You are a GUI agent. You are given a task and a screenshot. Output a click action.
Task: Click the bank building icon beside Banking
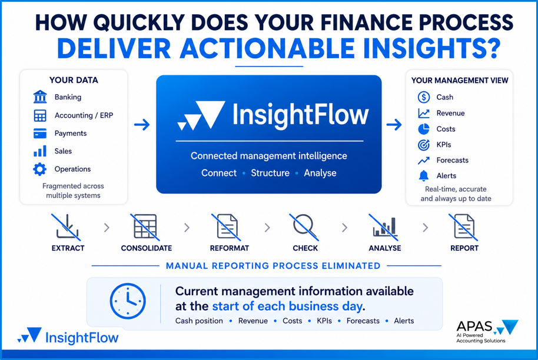[x=40, y=96]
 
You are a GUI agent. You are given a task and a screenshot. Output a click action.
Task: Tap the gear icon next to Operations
[x=40, y=169]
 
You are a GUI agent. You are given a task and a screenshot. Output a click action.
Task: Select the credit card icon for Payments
[x=40, y=133]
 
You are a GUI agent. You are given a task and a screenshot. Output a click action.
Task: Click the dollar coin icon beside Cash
[x=424, y=97]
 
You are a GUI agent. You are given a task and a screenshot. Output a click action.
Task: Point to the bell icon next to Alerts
[x=424, y=175]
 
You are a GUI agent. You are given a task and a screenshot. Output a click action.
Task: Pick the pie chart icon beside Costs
[x=424, y=129]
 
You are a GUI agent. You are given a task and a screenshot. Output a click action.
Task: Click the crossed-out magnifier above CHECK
[x=304, y=226]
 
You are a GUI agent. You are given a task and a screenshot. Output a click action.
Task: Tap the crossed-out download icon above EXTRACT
[x=67, y=226]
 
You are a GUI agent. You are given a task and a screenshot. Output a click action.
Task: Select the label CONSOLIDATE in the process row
[x=147, y=248]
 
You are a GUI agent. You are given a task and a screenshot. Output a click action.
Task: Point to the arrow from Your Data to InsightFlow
[x=142, y=125]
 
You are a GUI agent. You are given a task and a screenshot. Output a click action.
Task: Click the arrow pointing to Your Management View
[x=394, y=125]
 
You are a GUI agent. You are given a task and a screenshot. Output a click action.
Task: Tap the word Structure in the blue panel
[x=270, y=173]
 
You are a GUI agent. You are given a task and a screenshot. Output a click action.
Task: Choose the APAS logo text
[x=474, y=326]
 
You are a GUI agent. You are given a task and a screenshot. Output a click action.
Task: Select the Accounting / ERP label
[x=84, y=115]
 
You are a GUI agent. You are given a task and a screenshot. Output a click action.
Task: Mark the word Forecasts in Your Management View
[x=452, y=160]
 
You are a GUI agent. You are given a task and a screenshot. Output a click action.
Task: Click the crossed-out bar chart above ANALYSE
[x=384, y=226]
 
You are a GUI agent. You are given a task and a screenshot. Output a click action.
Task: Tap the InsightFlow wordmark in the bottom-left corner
[x=82, y=338]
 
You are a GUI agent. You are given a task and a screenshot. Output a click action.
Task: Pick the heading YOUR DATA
[x=74, y=80]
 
